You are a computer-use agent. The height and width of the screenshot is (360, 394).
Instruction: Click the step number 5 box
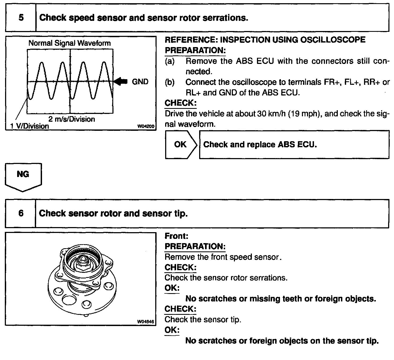tap(21, 18)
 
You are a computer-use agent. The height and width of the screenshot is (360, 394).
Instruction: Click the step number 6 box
tap(21, 213)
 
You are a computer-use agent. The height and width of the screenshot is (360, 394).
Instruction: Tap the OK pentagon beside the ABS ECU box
tap(180, 145)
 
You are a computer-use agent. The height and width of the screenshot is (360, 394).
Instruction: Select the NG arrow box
tap(23, 175)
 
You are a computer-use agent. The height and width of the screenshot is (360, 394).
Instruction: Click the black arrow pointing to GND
tap(121, 81)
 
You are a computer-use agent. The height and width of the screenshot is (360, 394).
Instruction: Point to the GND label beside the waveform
tap(140, 82)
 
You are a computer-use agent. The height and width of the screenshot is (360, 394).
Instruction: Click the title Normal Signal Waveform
tap(70, 43)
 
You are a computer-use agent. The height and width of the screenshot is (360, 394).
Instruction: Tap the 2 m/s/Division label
tap(72, 119)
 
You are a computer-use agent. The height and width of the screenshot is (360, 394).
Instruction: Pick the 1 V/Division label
tap(29, 126)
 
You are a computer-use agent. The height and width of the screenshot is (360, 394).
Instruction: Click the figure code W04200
tap(146, 127)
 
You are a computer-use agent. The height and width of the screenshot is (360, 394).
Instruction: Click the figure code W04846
tap(146, 322)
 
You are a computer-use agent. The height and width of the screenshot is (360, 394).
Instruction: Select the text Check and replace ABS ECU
tap(260, 145)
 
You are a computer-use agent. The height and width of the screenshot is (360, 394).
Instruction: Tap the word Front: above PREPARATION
tap(176, 236)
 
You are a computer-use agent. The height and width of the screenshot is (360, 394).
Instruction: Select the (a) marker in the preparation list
tap(170, 61)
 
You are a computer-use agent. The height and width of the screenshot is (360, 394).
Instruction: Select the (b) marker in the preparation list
tap(170, 82)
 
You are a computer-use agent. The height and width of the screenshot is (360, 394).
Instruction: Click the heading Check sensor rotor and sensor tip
tap(113, 213)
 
